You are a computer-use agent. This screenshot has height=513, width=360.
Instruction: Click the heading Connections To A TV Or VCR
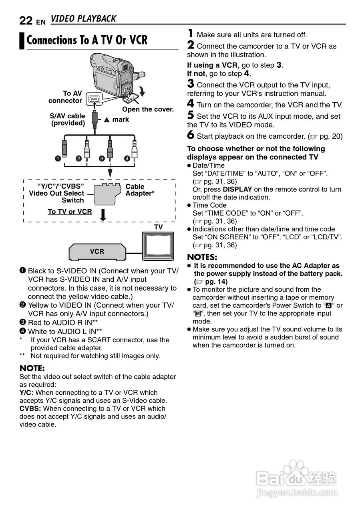pos(87,40)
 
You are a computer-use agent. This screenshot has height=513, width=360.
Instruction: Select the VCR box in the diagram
pos(97,252)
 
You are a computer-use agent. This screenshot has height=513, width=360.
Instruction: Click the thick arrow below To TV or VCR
pos(103,214)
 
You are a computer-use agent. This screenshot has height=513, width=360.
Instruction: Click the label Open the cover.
pos(148,109)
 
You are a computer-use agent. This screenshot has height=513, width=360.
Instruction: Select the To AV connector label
pos(66,97)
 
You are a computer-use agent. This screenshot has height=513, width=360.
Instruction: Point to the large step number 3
pos(191,84)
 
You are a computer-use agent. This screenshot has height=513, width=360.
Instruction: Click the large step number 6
pos(191,136)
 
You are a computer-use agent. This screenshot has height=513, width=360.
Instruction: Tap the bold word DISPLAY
pos(237,189)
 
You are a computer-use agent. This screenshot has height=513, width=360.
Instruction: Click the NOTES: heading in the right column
pos(202,257)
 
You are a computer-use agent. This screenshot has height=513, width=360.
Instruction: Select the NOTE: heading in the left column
pos(32,368)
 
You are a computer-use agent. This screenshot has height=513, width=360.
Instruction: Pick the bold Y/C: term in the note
pos(26,393)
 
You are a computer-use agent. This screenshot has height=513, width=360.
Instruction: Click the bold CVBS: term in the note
pos(30,409)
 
